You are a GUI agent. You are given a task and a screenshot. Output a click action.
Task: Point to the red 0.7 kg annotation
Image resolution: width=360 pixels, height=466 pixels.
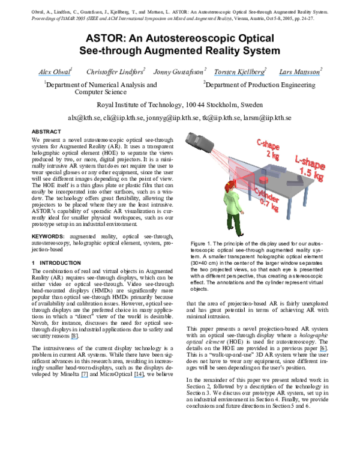tap(268, 208)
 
